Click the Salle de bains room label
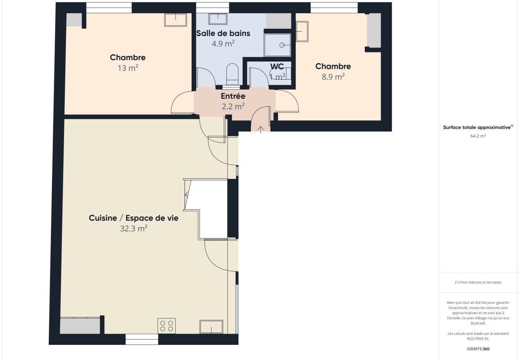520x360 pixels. [223, 34]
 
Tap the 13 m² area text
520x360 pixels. [128, 68]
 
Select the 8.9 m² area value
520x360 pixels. [333, 76]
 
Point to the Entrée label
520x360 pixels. [233, 96]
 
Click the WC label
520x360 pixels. [277, 67]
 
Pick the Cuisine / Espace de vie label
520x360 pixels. [134, 218]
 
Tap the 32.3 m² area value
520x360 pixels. [134, 229]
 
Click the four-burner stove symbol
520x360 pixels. [166, 326]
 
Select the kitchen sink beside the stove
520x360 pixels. [211, 327]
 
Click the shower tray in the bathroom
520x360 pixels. [278, 45]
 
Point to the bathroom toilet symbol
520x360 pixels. [232, 74]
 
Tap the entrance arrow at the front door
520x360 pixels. [261, 130]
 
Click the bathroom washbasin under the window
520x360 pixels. [218, 19]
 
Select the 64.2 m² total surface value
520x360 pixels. [478, 136]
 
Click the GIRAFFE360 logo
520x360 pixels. [478, 349]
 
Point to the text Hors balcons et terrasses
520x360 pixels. [480, 282]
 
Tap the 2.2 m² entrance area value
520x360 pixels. [233, 106]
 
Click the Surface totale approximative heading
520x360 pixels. [477, 127]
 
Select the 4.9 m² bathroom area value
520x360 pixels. [223, 44]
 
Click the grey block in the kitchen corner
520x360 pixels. [80, 326]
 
